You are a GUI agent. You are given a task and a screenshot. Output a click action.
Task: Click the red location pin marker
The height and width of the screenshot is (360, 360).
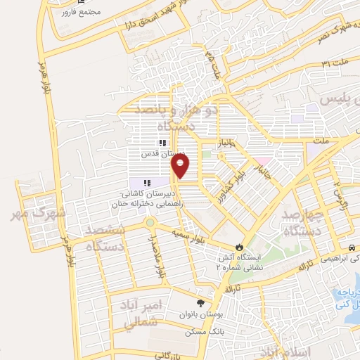click(x=181, y=166)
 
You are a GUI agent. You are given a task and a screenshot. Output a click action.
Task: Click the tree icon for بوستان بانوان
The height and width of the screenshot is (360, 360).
click(x=201, y=303)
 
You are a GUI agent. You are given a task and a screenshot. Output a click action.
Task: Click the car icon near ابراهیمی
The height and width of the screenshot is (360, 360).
click(x=350, y=248)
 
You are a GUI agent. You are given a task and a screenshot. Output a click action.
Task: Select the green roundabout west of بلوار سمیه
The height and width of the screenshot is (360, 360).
click(x=150, y=224)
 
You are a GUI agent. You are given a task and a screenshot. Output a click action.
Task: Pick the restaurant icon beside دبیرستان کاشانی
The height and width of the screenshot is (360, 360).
click(x=147, y=184)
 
